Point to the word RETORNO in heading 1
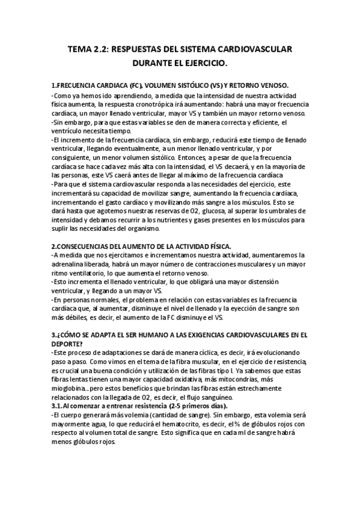coord(238,85)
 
